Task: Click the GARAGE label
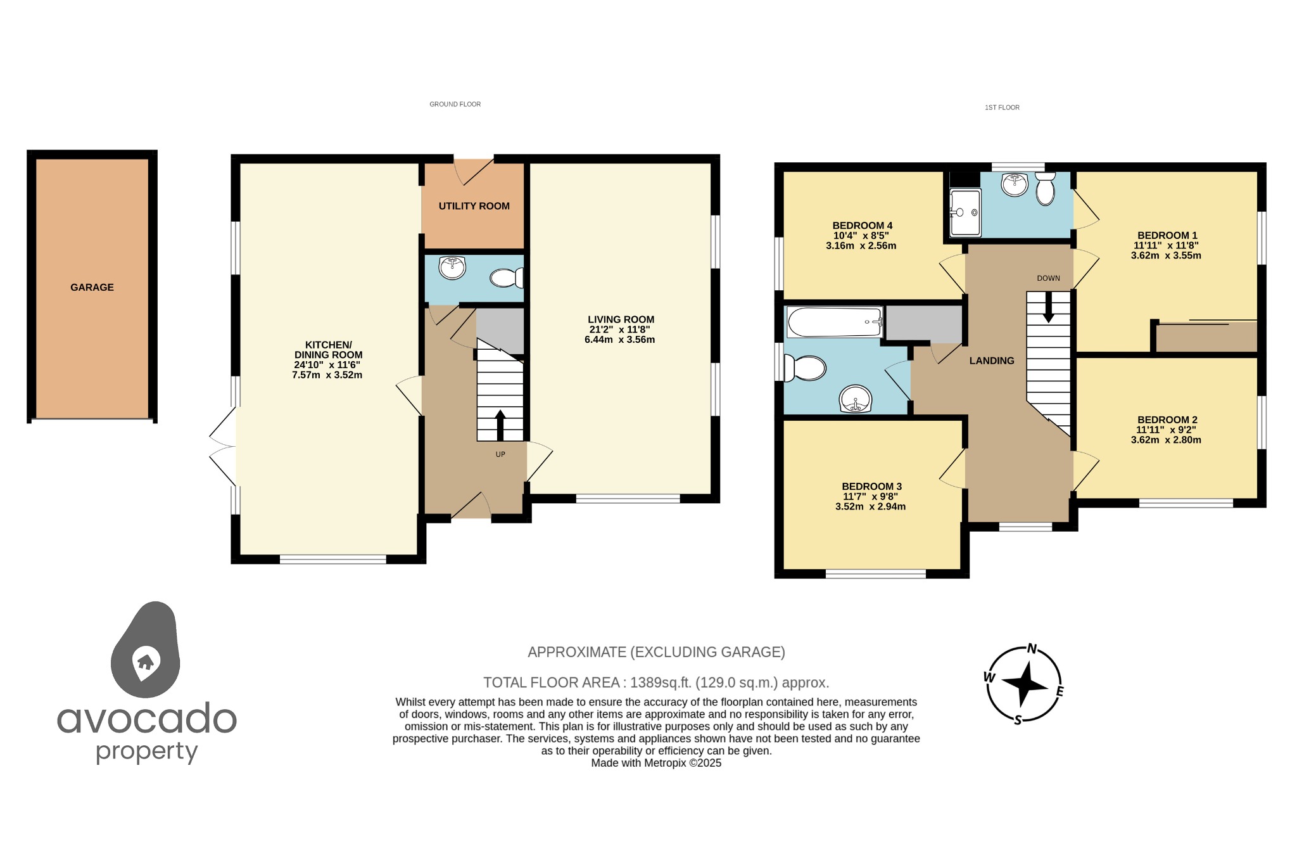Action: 92,287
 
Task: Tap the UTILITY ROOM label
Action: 474,206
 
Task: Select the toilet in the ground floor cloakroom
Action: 506,278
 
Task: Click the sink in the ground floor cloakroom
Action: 452,267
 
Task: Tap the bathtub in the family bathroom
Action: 834,323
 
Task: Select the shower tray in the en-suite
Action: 965,212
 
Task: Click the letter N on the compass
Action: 1032,648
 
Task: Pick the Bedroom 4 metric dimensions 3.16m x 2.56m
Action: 861,246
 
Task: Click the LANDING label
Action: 991,361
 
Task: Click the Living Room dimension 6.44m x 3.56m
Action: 619,340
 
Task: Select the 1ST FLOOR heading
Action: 1002,108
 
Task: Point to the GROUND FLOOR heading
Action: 455,105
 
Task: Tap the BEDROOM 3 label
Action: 871,487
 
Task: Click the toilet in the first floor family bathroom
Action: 805,368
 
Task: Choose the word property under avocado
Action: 147,752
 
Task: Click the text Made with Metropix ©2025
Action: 656,763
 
